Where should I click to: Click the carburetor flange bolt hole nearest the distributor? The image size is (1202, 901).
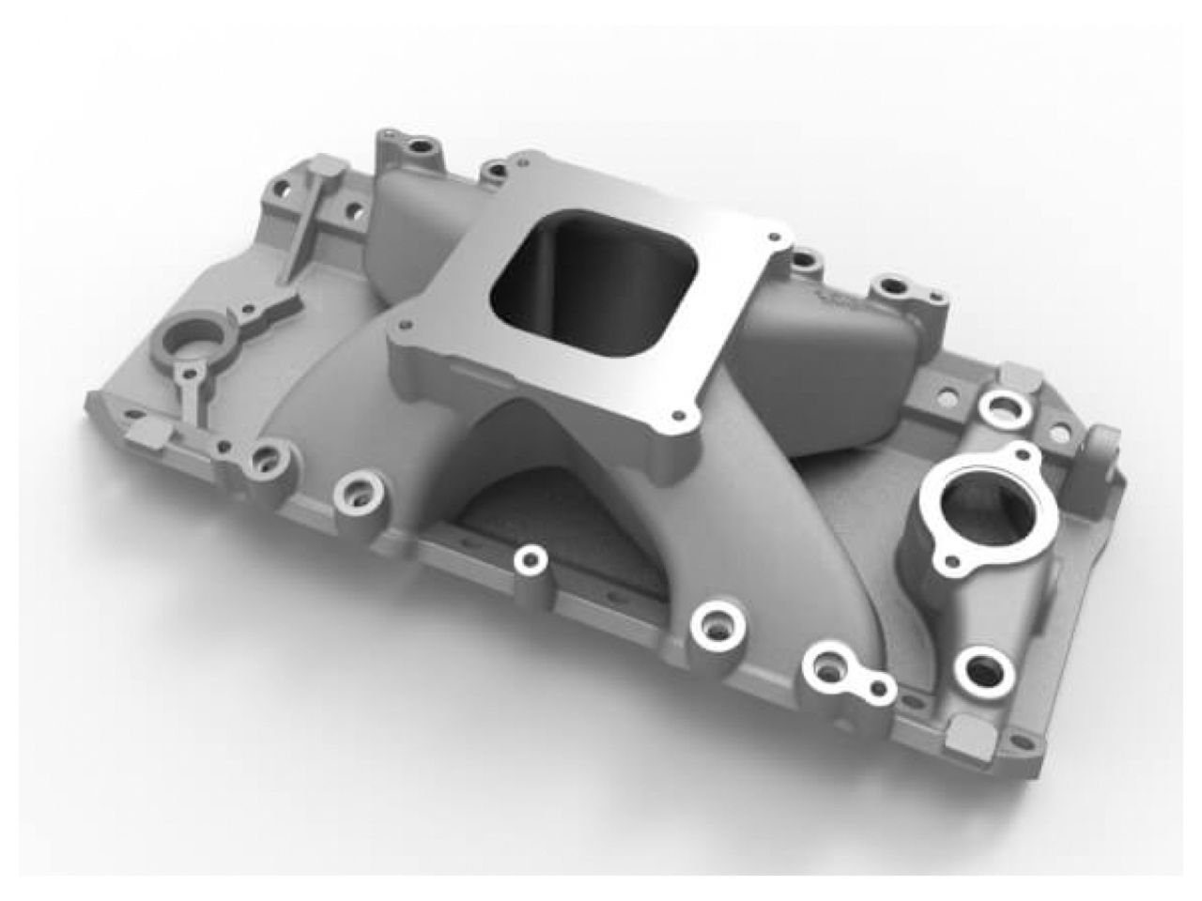click(x=406, y=328)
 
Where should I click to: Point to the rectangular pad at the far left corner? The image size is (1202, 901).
click(x=143, y=431)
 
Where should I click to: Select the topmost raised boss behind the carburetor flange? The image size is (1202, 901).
click(x=411, y=145)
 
